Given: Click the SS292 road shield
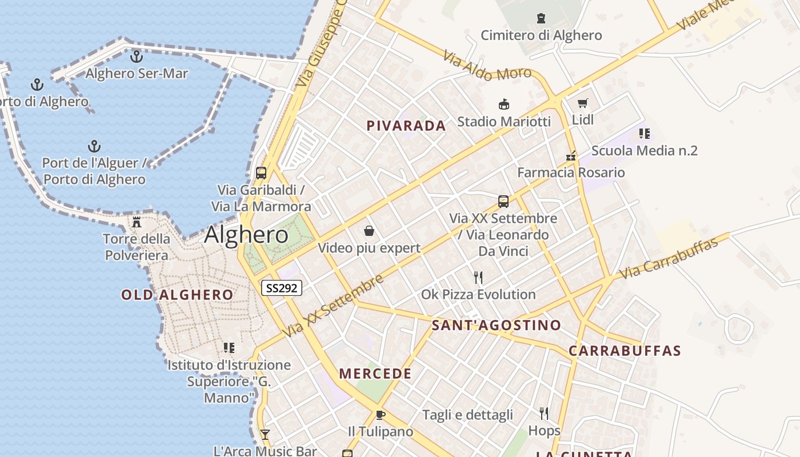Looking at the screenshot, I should click(x=282, y=288).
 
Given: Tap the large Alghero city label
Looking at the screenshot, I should click(x=246, y=235).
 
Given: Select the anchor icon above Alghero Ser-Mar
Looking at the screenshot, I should click(x=136, y=57).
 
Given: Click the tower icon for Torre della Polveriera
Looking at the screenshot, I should click(x=137, y=222).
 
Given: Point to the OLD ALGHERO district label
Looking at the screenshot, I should click(x=177, y=295).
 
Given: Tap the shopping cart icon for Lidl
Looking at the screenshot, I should click(x=582, y=103).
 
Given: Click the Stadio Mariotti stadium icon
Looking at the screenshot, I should click(x=504, y=105).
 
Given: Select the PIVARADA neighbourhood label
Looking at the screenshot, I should click(x=406, y=126).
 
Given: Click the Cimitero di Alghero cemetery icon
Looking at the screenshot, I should click(x=541, y=18).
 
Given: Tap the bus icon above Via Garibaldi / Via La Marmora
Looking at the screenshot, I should click(x=261, y=173).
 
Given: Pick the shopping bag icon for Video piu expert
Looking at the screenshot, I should click(x=369, y=231).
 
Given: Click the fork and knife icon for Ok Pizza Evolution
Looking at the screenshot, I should click(x=478, y=278).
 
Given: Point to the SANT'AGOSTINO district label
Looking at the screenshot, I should click(x=497, y=326).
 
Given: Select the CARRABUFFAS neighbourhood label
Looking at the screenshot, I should click(x=625, y=351).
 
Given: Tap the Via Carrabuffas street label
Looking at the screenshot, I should click(x=669, y=259).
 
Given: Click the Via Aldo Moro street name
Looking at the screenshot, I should click(x=487, y=65).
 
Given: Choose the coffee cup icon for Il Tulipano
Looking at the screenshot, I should click(x=381, y=415).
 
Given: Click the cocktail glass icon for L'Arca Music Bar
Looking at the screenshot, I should click(x=265, y=435).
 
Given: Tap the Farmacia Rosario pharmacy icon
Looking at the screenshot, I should click(x=570, y=155).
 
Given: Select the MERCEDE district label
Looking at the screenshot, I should click(x=375, y=374).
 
